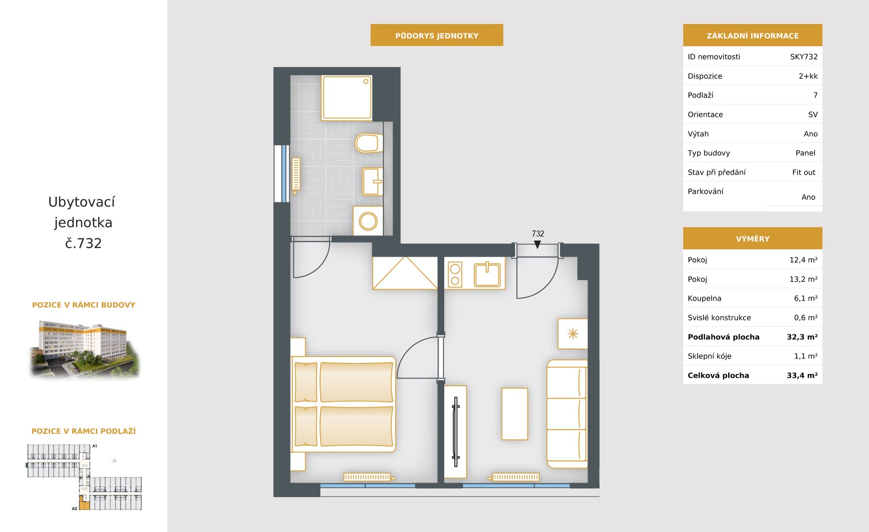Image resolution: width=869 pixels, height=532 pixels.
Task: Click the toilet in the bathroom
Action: pos(369,143)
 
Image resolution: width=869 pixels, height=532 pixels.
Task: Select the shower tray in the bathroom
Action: pos(347,98)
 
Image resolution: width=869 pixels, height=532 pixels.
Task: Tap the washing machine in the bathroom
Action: pos(368,221)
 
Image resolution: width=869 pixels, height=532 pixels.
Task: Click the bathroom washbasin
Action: pos(372,181)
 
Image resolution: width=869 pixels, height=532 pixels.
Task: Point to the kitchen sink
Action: pos(487,274)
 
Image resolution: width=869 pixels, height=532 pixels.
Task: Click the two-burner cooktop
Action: pos(455,274)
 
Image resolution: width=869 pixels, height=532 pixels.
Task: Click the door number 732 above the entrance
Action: pos(538,233)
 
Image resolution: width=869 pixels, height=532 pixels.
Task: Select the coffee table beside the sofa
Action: pos(515,414)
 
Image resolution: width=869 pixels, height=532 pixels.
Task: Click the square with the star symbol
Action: pos(573,334)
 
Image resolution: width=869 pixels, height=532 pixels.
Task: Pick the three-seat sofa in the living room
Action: pos(567,414)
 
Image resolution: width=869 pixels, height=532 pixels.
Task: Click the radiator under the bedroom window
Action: pos(369,477)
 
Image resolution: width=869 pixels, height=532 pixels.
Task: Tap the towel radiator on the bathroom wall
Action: pos(296,175)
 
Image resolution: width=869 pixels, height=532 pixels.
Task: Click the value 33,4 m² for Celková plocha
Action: pos(802,375)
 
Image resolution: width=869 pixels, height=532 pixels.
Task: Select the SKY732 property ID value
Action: pos(804,57)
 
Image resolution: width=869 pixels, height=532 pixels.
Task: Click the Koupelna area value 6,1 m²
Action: pos(806,299)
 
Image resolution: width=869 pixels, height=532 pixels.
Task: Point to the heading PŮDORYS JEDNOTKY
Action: pos(437,35)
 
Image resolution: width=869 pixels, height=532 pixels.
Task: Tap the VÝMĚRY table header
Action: pos(752,238)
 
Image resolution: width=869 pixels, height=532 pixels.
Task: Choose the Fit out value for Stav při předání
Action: pos(804,172)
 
